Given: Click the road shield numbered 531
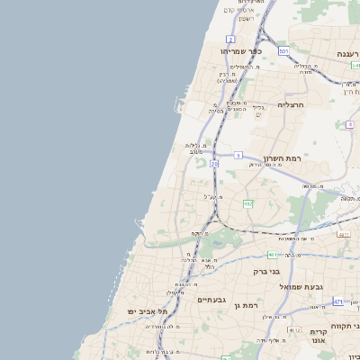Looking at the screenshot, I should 283,51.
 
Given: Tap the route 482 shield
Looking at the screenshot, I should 247,204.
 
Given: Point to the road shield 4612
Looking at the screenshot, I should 294,331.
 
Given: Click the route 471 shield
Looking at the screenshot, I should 338,301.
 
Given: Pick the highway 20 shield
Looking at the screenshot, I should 214,164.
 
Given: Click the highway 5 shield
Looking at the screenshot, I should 238,156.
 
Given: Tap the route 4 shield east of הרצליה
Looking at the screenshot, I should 349,125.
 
